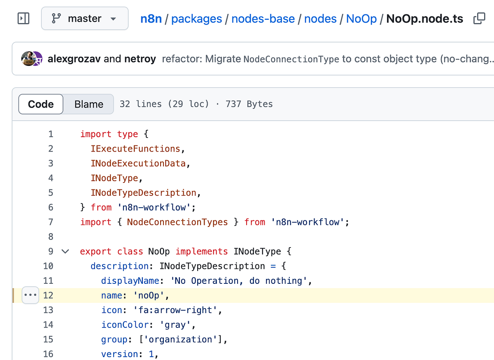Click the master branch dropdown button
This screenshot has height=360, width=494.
[x=84, y=19]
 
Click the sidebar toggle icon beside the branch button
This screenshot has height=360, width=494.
[x=23, y=19]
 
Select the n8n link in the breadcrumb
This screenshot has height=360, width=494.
[x=151, y=19]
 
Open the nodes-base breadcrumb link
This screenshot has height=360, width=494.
[x=263, y=19]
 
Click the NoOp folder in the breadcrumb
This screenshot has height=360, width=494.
[x=361, y=19]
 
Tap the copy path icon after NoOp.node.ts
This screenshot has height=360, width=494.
[x=479, y=19]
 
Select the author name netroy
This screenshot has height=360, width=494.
[x=140, y=59]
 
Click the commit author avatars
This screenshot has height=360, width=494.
[x=32, y=59]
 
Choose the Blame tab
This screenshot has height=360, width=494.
[x=89, y=104]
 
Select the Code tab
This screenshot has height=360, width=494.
[x=41, y=104]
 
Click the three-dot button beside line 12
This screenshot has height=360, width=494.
[x=30, y=295]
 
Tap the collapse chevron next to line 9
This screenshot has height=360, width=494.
[x=65, y=251]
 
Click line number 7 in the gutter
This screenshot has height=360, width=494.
[x=51, y=222]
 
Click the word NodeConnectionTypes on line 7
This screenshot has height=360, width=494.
[x=177, y=222]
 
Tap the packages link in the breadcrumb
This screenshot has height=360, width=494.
[x=196, y=19]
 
